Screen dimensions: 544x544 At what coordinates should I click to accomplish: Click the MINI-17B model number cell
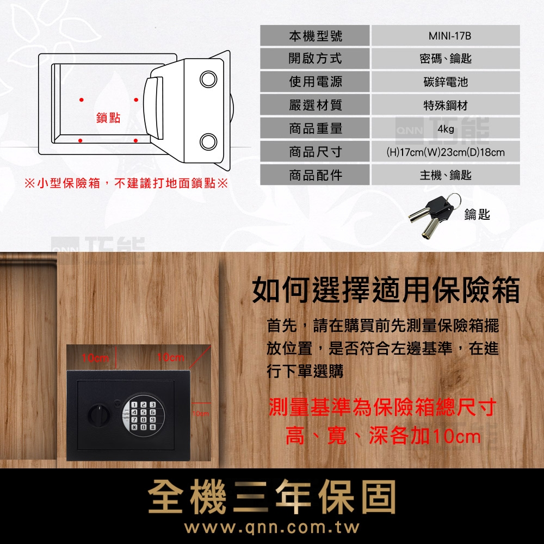click(446, 35)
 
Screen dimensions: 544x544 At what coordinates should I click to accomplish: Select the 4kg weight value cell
click(446, 129)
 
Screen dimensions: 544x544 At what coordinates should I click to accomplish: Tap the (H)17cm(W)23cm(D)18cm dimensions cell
click(446, 152)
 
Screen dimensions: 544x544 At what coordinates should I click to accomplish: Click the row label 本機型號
click(315, 35)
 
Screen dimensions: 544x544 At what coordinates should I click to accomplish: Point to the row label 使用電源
click(315, 82)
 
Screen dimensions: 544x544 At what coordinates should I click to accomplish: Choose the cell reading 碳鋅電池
click(446, 82)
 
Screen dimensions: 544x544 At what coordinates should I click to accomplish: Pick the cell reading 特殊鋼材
click(446, 106)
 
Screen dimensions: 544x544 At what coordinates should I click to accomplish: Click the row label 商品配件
click(315, 175)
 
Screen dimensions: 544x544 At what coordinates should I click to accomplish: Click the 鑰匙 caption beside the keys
click(477, 216)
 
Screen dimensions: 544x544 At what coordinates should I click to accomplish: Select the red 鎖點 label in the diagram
click(108, 118)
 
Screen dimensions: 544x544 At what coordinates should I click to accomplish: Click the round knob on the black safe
click(98, 415)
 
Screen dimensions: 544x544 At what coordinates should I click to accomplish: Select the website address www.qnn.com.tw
click(272, 528)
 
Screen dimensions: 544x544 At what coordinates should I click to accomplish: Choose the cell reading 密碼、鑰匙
click(446, 59)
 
